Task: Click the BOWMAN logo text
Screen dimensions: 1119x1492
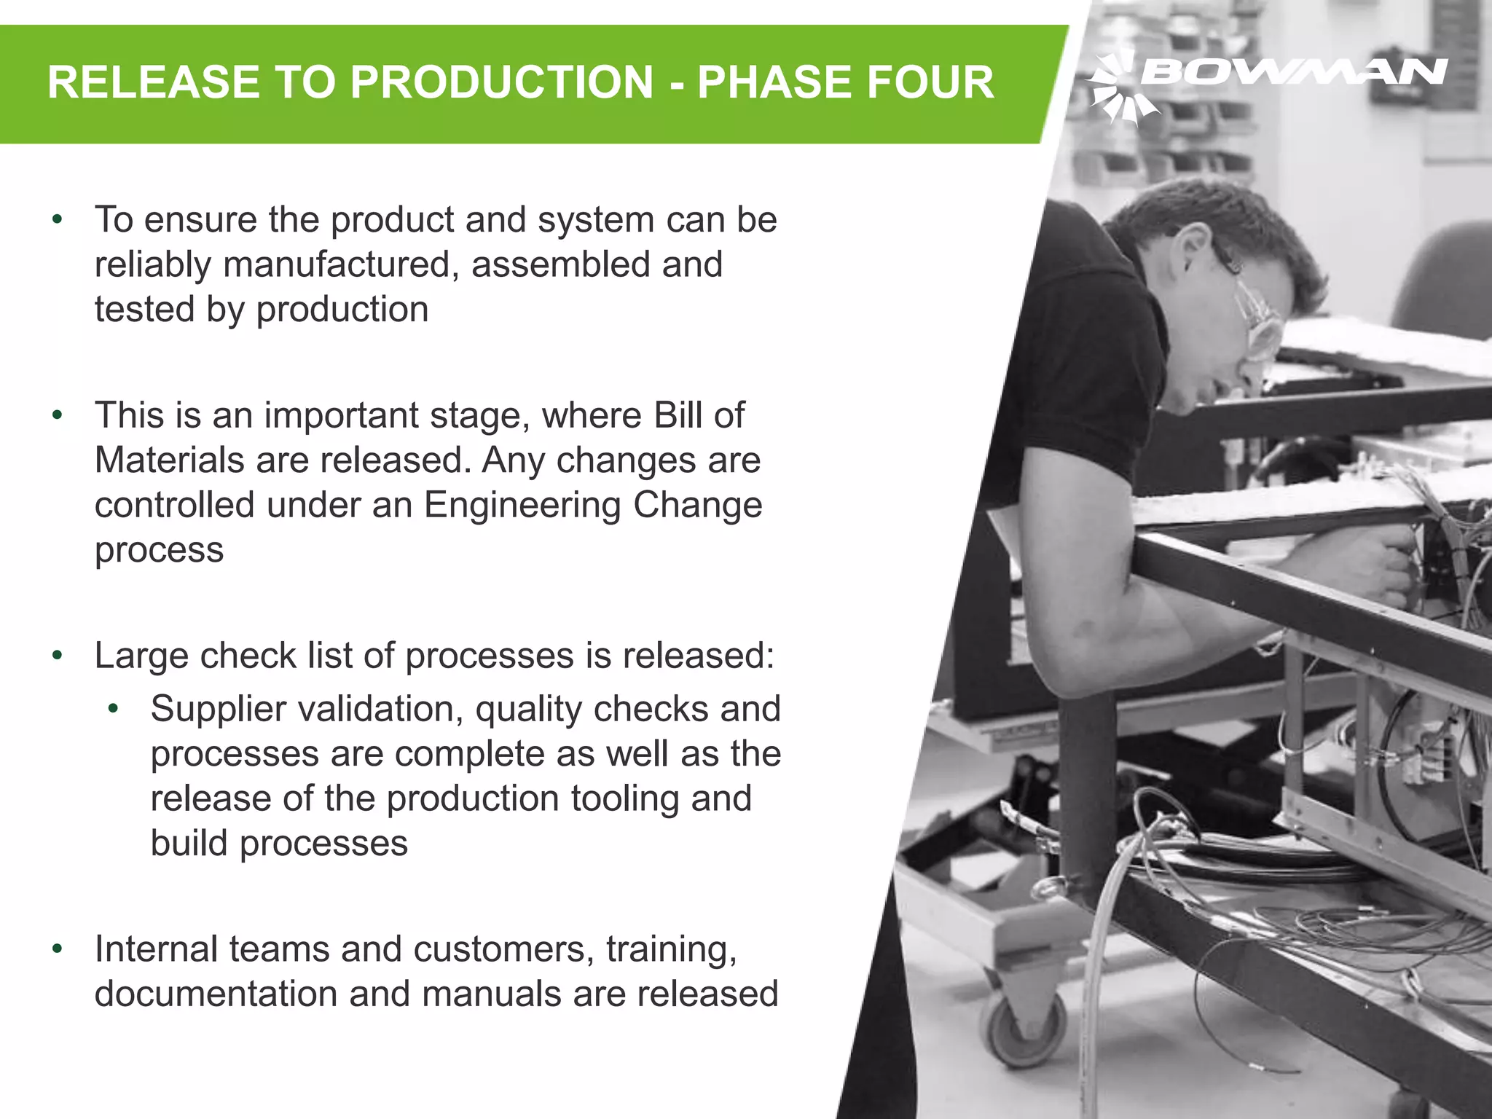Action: (x=1294, y=72)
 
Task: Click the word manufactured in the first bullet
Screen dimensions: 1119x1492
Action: (x=341, y=264)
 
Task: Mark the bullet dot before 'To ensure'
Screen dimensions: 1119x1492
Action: (x=58, y=219)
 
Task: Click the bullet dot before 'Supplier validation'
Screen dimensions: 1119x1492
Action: (x=113, y=709)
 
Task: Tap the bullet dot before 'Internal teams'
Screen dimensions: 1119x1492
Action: (x=58, y=949)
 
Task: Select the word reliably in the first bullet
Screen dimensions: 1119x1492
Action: (x=153, y=264)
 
